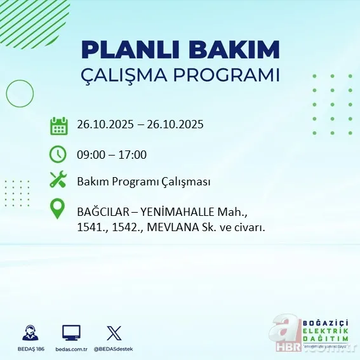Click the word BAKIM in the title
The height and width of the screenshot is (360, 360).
pyautogui.click(x=234, y=49)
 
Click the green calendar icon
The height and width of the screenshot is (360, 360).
pyautogui.click(x=59, y=125)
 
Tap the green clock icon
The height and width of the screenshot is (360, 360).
pyautogui.click(x=58, y=154)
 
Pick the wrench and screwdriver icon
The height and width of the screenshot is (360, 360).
pyautogui.click(x=58, y=180)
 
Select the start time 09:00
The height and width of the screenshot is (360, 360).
pyautogui.click(x=90, y=154)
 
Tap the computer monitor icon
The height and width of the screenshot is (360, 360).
pyautogui.click(x=71, y=332)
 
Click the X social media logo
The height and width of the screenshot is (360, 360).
pyautogui.click(x=114, y=332)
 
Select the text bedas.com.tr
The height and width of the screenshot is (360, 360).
pyautogui.click(x=71, y=349)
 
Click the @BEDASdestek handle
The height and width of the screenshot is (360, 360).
pyautogui.click(x=114, y=349)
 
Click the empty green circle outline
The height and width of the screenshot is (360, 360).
pyautogui.click(x=20, y=95)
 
